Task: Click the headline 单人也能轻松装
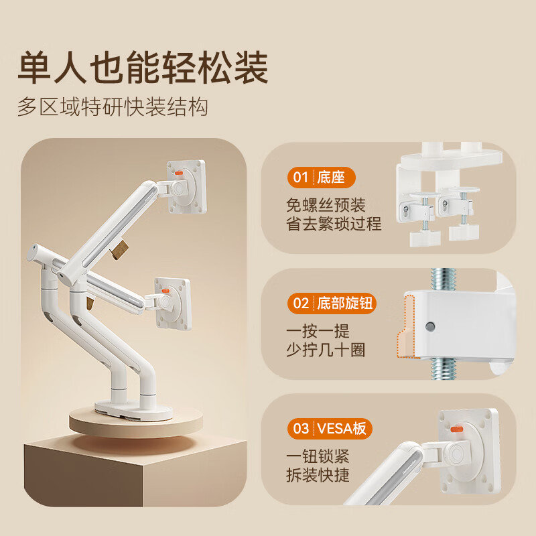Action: (x=143, y=68)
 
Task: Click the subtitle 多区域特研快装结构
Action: (x=113, y=107)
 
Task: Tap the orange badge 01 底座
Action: (x=322, y=178)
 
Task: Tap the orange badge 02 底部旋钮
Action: (x=332, y=304)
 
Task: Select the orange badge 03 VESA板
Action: (x=330, y=428)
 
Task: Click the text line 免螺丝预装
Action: (x=326, y=205)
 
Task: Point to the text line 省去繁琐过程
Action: (x=334, y=224)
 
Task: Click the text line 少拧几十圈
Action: (x=326, y=350)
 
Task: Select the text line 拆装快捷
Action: (x=318, y=475)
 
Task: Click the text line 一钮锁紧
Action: (x=318, y=456)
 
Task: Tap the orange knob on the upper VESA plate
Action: (x=179, y=173)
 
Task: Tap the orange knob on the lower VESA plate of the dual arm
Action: (x=165, y=291)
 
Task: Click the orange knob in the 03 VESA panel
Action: (x=457, y=429)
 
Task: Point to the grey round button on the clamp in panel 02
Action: (x=430, y=326)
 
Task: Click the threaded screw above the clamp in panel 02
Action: (x=444, y=279)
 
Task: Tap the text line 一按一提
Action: (x=318, y=331)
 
